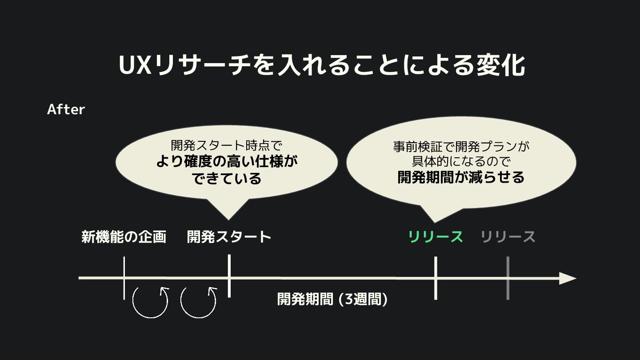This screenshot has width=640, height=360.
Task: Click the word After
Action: coord(66,109)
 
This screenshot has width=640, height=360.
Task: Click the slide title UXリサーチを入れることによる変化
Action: coord(322,65)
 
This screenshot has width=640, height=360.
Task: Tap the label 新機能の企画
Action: coord(124,237)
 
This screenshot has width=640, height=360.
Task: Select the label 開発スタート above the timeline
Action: coord(229,236)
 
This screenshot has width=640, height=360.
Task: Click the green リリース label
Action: coord(436,237)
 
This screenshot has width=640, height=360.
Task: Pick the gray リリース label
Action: coord(508,237)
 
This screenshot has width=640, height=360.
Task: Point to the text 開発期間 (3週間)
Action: coord(332,299)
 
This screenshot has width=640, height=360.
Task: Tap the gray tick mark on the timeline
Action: coord(508,278)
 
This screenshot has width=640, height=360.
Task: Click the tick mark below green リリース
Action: coord(436,278)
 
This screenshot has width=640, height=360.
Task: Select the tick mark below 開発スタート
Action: coord(229,276)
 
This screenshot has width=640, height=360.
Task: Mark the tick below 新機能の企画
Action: coord(124,278)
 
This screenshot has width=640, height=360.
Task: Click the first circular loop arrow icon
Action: coord(151,302)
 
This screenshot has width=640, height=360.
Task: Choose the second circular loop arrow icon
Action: coord(198,302)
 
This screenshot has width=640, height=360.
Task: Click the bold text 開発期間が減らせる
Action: coord(461,177)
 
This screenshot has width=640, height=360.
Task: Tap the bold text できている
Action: coord(227,178)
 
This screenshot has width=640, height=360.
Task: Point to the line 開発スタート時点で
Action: coord(227,145)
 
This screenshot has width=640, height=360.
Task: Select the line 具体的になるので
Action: coord(461,161)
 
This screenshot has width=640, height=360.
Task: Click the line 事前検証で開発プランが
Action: coord(461,146)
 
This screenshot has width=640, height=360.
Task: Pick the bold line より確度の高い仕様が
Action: coord(227,161)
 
